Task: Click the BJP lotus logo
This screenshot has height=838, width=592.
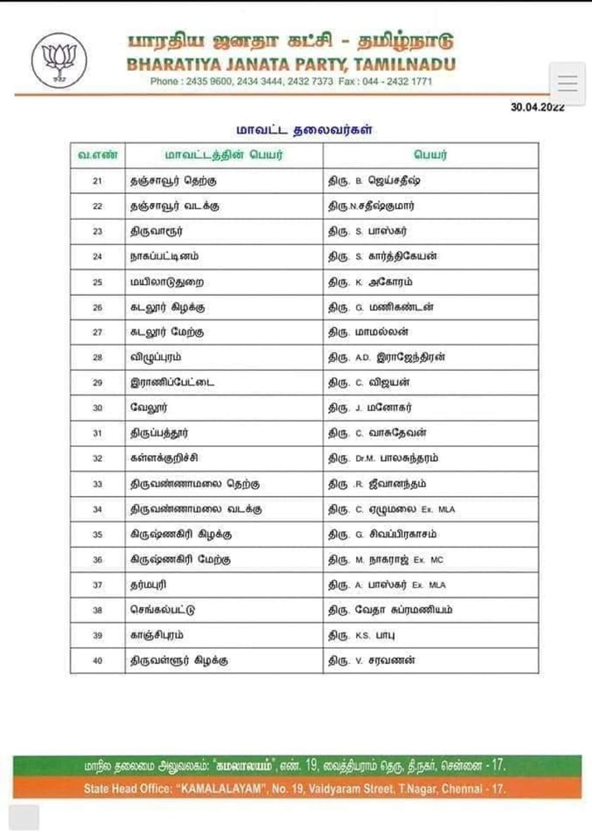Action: (59, 60)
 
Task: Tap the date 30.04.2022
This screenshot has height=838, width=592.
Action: (537, 107)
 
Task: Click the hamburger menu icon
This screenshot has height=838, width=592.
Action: (567, 83)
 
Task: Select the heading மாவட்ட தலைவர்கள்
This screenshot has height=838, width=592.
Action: (304, 130)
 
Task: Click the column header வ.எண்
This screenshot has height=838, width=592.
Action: (98, 155)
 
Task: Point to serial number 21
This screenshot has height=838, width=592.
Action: (97, 181)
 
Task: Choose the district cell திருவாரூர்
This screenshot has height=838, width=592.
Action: (156, 231)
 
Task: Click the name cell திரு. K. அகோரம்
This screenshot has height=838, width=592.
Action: (370, 282)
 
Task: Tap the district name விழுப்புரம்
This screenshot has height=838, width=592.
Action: (156, 357)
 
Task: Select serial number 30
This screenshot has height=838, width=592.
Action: (97, 408)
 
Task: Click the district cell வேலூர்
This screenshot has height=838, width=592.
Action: (149, 408)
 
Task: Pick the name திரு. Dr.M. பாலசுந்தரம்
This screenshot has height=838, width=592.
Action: (383, 458)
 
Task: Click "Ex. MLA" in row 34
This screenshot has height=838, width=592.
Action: (438, 509)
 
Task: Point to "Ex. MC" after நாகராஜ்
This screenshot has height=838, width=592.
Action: (428, 560)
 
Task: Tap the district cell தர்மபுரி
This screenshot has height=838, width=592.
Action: (148, 585)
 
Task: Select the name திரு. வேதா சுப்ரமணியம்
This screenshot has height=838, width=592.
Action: (390, 610)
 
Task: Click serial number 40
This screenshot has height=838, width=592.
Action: (97, 661)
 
